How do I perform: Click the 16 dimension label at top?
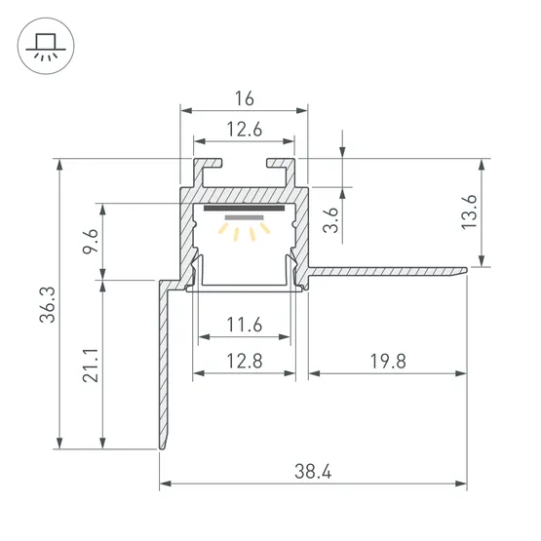(245, 98)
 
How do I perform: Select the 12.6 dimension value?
(245, 130)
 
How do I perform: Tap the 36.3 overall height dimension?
(47, 305)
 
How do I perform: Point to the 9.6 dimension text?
(91, 241)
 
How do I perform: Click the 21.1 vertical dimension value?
(91, 365)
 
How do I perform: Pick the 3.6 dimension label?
(331, 219)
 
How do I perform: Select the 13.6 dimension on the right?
(469, 212)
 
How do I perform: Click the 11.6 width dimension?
(245, 325)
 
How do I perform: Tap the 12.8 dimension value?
(245, 361)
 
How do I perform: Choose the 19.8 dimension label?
(388, 362)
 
